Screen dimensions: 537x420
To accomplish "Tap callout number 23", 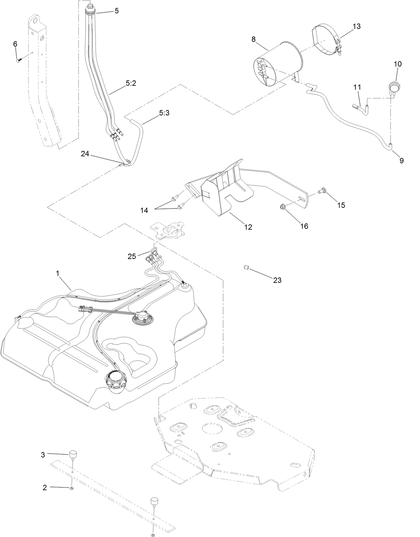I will coord(277,280).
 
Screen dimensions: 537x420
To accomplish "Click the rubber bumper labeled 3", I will coord(73,454).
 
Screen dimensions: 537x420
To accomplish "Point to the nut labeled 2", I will coord(71,488).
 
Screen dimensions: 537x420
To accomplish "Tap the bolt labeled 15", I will coord(324,191).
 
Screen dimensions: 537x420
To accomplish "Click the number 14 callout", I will coord(145,210).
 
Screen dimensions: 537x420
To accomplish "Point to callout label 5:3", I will coord(164,113).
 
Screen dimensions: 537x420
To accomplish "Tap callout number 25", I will coord(132,256).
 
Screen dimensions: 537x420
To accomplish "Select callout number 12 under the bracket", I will coord(248,227).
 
